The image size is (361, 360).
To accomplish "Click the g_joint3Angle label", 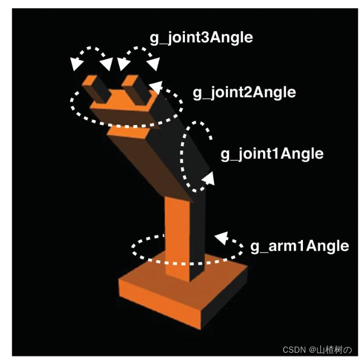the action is click(x=201, y=38).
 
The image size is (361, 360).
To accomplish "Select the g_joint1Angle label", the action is click(x=272, y=153).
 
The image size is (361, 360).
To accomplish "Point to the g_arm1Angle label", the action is click(x=300, y=246).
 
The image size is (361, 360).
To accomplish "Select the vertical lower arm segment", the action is click(x=182, y=234).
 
